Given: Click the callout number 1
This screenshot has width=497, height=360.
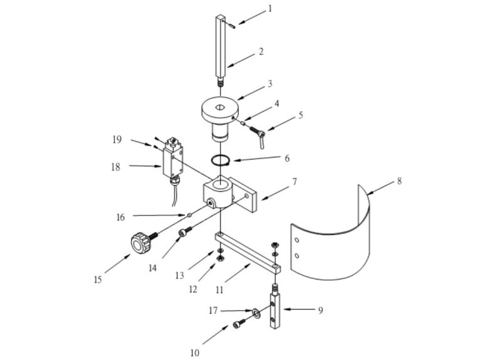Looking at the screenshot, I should coord(270,9).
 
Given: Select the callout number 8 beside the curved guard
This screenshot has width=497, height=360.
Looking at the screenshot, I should coord(399,182).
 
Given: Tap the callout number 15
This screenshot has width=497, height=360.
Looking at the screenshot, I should coord(97,280).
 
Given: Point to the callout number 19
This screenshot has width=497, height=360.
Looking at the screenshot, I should coord(117,140).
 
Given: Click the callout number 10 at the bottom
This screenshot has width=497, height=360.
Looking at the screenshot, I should coord(195,352).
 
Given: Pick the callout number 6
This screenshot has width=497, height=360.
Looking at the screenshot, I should coord(287,159).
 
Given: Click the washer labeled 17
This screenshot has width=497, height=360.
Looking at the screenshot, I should coord(256,312).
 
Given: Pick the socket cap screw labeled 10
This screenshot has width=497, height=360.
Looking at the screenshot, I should coord(238,324).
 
